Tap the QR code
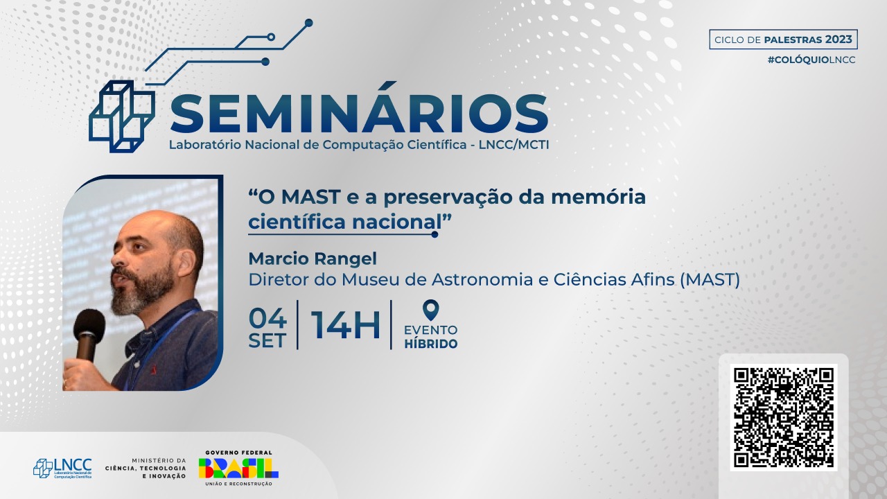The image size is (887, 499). tap(784, 417)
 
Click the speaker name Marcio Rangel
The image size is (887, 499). tap(313, 259)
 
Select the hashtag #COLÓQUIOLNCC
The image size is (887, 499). tap(811, 60)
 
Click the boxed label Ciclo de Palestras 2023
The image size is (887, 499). tap(783, 40)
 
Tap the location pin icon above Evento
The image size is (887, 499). tap(430, 310)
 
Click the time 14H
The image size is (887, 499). tap(345, 325)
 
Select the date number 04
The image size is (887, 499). tap(267, 318)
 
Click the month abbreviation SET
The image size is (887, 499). tap(267, 341)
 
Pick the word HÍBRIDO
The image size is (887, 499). tap(431, 344)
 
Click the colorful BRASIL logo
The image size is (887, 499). tap(238, 468)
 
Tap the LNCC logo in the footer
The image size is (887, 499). tap(62, 469)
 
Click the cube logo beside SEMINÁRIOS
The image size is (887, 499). tap(122, 116)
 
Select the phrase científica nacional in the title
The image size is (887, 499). tap(345, 222)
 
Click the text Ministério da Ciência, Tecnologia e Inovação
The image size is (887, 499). tap(146, 468)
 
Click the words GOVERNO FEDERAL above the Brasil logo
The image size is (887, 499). tap(239, 453)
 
